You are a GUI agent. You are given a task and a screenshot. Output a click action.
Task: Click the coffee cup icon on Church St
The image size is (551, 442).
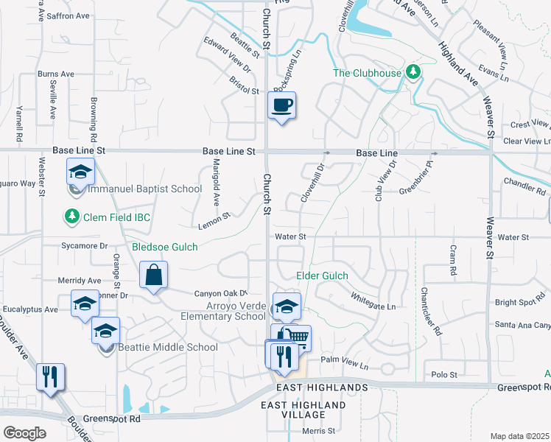click(281, 105)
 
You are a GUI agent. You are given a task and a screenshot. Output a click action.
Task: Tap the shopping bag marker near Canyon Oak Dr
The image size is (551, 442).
click(154, 276)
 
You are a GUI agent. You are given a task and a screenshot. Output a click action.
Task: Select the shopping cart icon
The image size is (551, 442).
click(297, 338)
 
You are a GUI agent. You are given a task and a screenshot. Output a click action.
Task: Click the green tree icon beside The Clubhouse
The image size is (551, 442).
click(414, 72)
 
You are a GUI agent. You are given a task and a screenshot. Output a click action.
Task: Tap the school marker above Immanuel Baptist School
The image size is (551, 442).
click(80, 172)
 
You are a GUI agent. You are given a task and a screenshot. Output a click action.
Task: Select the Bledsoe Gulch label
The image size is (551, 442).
click(165, 248)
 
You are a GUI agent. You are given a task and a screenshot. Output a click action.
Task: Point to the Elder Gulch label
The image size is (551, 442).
click(321, 276)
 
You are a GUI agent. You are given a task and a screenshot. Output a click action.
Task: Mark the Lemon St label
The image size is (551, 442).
click(214, 220)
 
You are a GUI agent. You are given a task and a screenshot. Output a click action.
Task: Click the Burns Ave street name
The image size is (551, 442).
click(56, 74)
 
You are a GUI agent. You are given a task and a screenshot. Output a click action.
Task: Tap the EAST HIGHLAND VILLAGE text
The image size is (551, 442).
click(303, 410)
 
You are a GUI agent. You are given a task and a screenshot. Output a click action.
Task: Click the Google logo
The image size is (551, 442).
click(25, 432)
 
